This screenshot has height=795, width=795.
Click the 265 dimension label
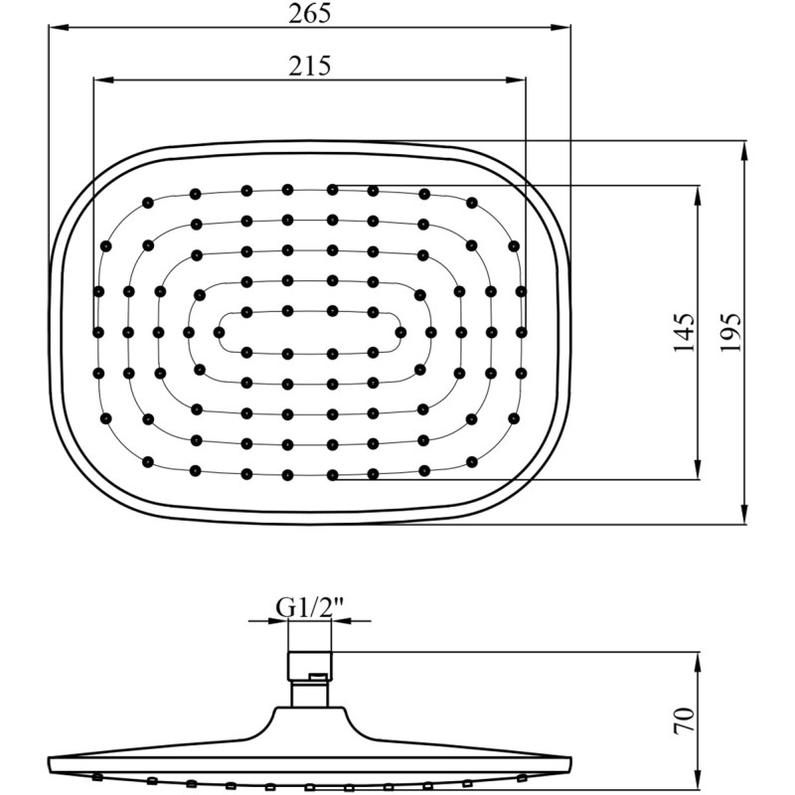click(310, 13)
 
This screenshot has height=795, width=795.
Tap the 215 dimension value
click(310, 66)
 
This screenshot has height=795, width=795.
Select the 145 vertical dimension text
click(683, 333)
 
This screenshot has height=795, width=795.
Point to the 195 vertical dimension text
click(730, 333)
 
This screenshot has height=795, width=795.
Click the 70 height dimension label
click(684, 720)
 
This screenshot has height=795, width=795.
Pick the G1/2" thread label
click(310, 607)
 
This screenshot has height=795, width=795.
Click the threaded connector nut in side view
click(310, 666)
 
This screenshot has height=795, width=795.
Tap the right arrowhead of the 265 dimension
click(561, 27)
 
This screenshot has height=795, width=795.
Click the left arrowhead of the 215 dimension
click(103, 79)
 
